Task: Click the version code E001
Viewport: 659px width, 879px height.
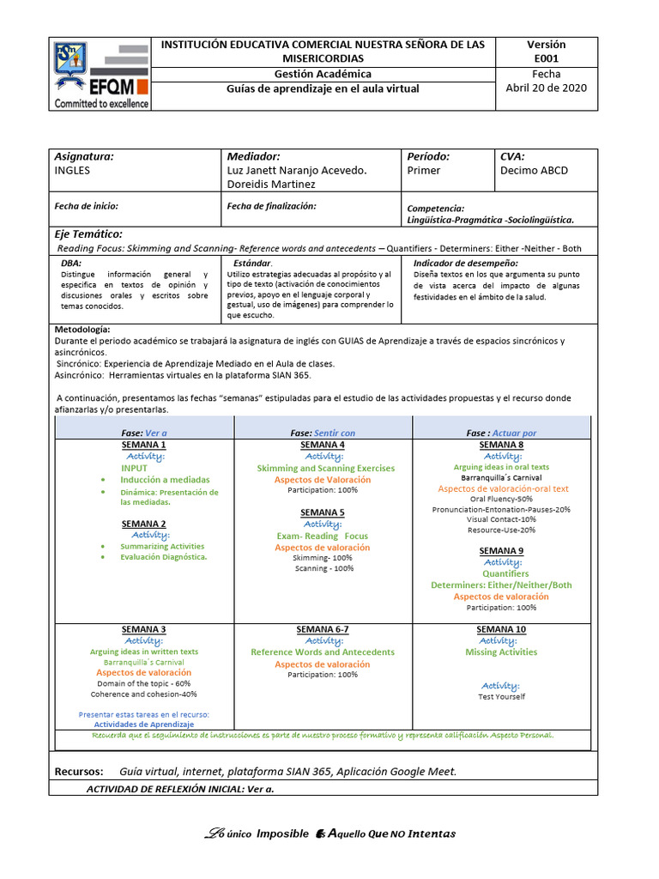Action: coord(546,58)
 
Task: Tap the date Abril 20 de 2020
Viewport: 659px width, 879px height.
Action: coord(547,88)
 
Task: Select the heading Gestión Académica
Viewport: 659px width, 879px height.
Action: coord(323,74)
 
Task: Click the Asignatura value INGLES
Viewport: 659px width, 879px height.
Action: coord(72,170)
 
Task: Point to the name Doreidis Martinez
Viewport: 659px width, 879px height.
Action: coord(271,184)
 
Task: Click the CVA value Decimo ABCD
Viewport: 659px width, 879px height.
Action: coord(534,170)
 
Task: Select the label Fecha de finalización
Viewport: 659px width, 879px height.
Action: coord(271,206)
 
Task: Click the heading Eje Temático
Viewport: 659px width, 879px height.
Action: coord(88,234)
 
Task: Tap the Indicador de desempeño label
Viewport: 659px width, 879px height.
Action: coord(465,262)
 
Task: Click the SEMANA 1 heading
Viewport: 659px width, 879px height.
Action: coord(144,445)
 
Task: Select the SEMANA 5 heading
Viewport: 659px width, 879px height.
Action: coord(323,512)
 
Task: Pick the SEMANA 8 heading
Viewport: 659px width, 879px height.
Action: coord(501,445)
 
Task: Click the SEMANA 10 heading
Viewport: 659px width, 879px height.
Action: coord(501,629)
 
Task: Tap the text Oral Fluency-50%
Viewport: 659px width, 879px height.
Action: coord(501,499)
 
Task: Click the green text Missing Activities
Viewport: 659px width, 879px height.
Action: coord(501,652)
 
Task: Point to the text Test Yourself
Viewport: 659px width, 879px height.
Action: coord(501,696)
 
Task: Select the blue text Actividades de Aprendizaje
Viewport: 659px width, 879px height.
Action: coord(144,724)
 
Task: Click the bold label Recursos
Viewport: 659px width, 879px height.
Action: coord(79,771)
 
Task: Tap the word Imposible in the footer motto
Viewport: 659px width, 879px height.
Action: coord(282,834)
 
